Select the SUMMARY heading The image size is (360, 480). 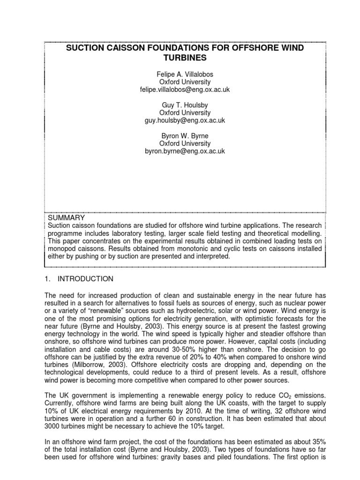[67, 218]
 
